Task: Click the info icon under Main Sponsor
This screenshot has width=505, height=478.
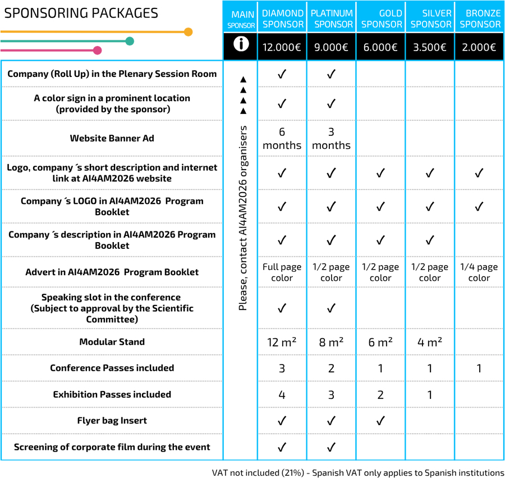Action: point(241,45)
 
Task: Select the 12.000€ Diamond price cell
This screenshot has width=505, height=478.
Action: point(282,47)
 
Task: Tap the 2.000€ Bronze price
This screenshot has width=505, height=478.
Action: point(479,47)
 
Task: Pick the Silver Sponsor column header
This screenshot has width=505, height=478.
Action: point(430,19)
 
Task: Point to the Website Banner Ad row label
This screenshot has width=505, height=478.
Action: point(112,138)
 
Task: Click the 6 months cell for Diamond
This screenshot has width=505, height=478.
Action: point(282,138)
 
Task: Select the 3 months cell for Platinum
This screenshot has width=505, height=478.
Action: point(331,138)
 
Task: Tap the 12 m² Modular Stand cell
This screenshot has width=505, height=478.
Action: point(282,342)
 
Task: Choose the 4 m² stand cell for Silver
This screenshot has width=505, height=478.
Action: point(430,342)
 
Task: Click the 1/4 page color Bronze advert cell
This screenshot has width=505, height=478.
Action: point(479,272)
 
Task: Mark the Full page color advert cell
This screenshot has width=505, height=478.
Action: point(282,272)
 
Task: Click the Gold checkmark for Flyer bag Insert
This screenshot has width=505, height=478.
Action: point(380,421)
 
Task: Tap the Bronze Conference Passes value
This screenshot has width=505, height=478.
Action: point(479,368)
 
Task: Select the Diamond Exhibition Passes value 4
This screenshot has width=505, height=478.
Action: point(282,395)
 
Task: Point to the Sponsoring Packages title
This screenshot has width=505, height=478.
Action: point(81,13)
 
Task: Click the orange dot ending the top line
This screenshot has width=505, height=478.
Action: point(188,32)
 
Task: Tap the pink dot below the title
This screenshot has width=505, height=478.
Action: point(97,51)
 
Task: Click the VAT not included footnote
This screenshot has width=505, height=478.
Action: point(358,472)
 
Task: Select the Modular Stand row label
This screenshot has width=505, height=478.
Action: point(112,342)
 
